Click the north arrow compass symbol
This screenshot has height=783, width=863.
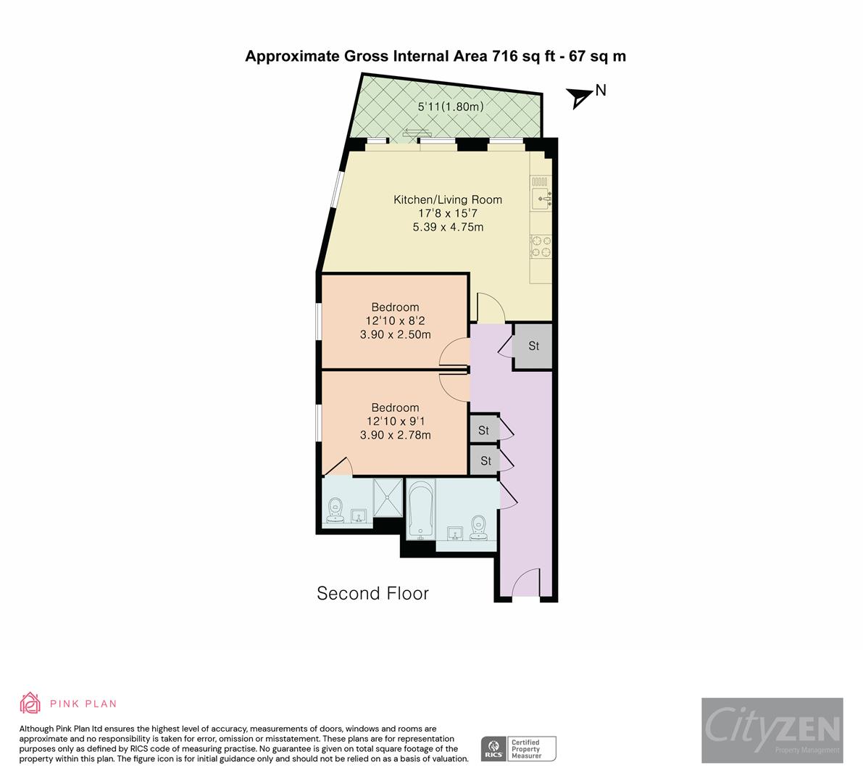click(x=579, y=97)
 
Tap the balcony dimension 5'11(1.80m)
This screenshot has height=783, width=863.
click(x=450, y=107)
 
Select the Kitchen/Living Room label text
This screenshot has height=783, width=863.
click(x=447, y=199)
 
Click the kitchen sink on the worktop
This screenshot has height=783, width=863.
click(x=541, y=195)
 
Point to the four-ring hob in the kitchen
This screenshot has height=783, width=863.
click(x=541, y=246)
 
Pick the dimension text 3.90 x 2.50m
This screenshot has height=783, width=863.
click(x=395, y=335)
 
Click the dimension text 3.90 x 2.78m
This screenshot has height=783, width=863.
click(x=395, y=435)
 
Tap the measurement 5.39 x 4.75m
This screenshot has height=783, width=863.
click(x=447, y=227)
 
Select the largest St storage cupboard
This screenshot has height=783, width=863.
click(x=533, y=347)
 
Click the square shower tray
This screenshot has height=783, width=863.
click(x=388, y=497)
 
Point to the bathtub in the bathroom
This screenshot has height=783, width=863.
click(x=420, y=511)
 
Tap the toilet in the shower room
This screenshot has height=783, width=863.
click(x=335, y=509)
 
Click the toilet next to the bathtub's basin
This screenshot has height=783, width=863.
click(x=478, y=528)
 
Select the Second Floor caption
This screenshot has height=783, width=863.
click(x=372, y=594)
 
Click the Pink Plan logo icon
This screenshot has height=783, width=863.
click(x=30, y=703)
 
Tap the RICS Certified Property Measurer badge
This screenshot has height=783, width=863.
click(x=519, y=748)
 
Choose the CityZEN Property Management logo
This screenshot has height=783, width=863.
click(x=772, y=730)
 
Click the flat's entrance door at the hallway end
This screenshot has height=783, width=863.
click(x=525, y=584)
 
